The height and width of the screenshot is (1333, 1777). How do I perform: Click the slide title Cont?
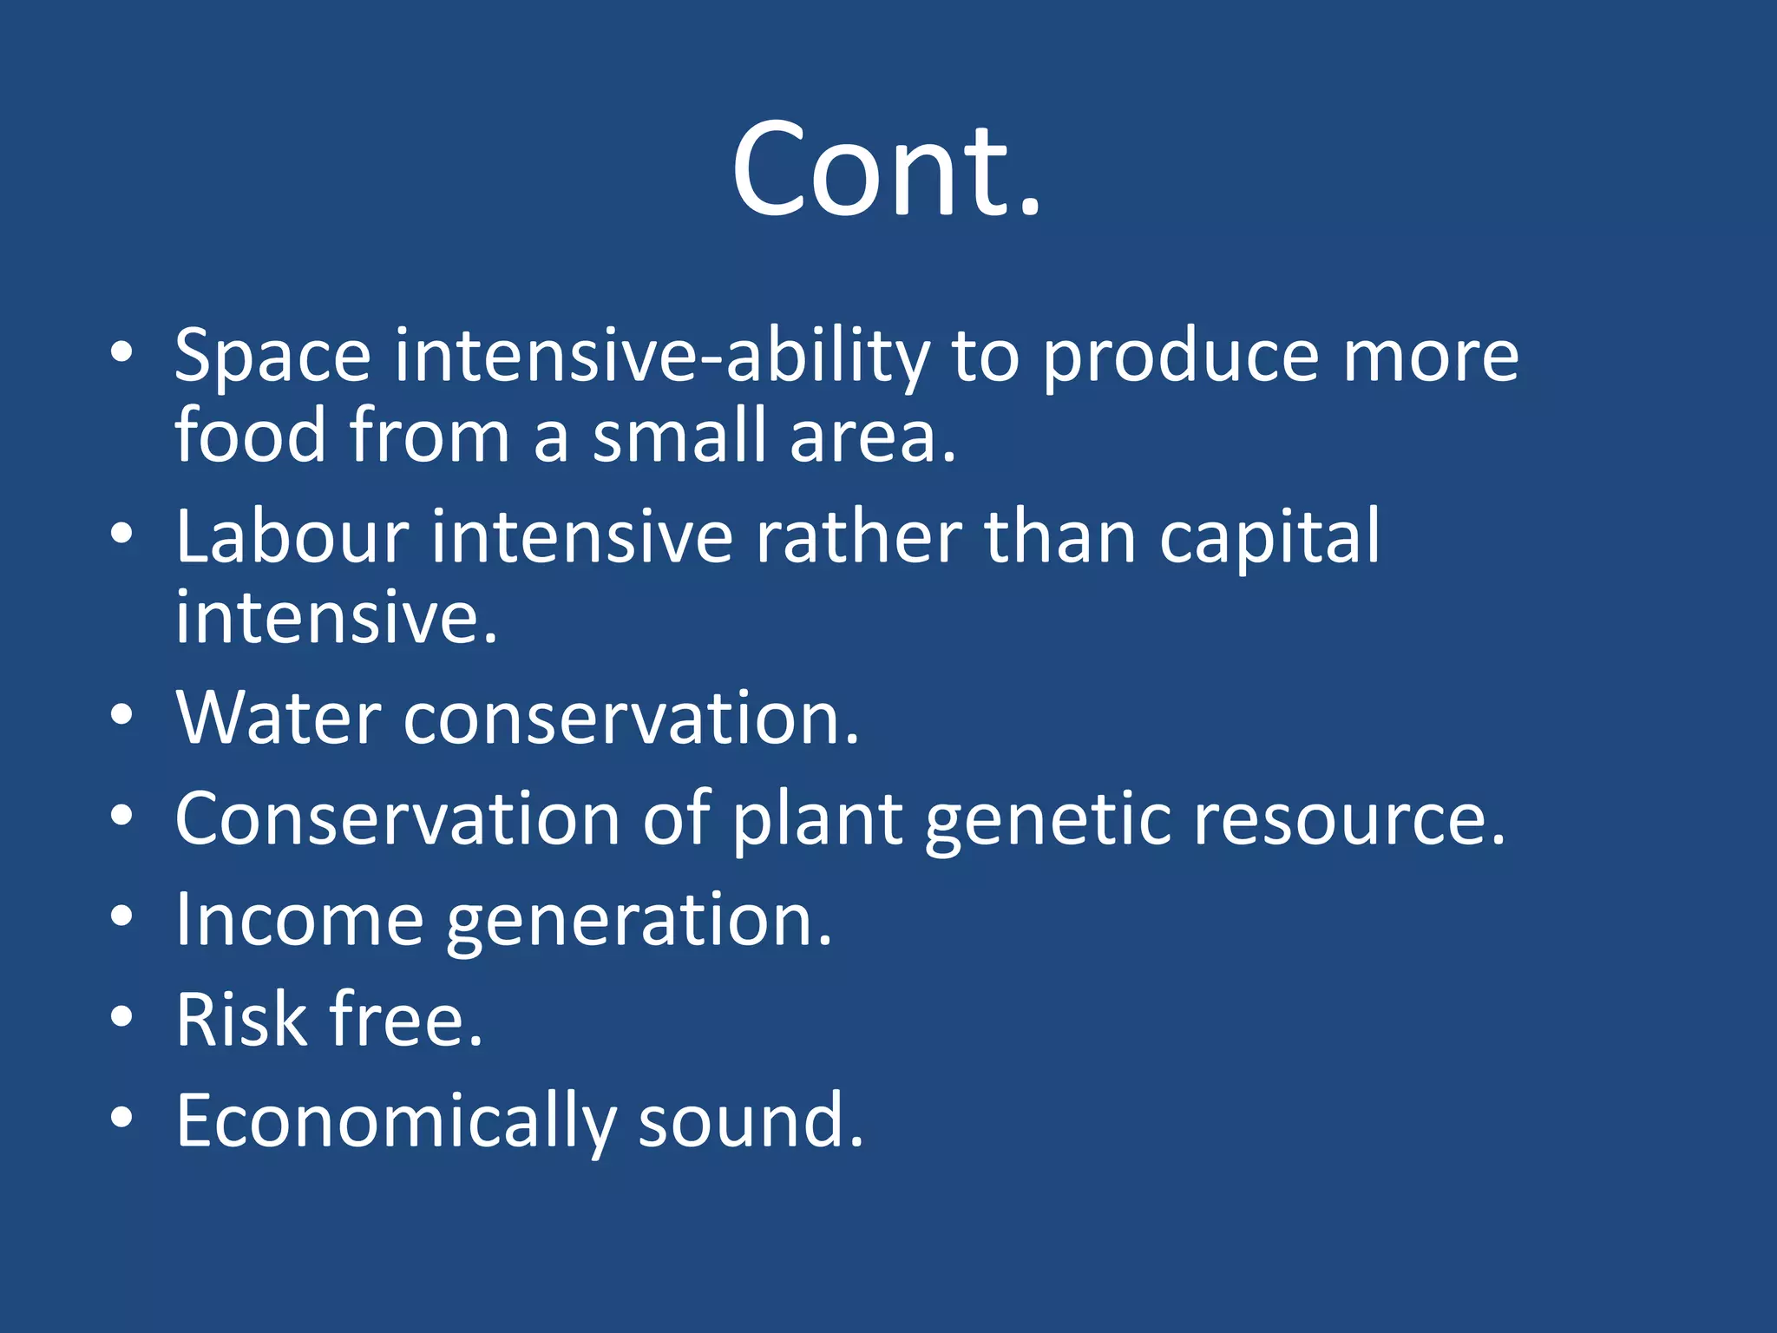pos(887,169)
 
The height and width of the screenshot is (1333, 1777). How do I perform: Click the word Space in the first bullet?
pos(272,356)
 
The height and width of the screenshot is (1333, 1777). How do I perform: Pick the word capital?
pos(1269,538)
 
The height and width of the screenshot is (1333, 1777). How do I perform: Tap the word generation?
pos(638,922)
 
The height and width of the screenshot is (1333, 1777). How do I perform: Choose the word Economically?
pos(396,1121)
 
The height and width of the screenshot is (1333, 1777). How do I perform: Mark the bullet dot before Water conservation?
pos(121,715)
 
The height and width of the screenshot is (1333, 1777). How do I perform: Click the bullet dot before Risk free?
pos(121,1017)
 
